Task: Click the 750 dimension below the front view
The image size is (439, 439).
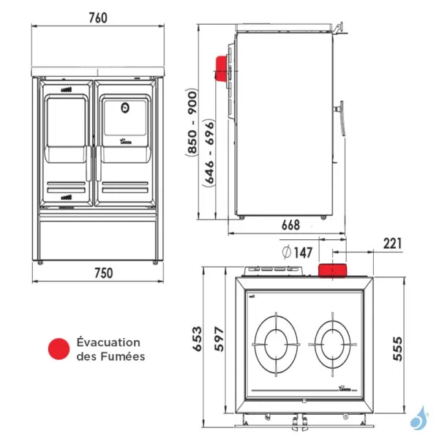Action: tap(104, 274)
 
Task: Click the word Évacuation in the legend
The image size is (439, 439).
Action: tap(108, 342)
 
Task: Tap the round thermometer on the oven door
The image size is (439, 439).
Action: tap(124, 108)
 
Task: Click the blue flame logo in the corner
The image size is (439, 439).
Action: tap(419, 418)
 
